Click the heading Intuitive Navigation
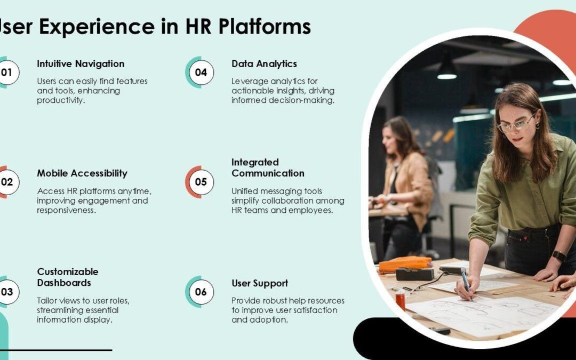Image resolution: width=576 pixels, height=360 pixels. coord(81,64)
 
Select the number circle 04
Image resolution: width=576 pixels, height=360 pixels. coord(201,72)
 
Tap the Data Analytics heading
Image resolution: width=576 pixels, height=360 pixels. coord(264,64)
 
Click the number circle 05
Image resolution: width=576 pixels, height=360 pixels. coord(201,182)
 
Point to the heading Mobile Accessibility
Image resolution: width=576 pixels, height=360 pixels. coord(82,173)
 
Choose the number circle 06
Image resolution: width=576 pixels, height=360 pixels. coord(201,292)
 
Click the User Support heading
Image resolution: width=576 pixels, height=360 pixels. coord(260,283)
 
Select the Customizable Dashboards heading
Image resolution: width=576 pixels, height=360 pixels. coord(68,277)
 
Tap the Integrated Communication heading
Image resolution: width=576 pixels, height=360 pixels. coord(268,167)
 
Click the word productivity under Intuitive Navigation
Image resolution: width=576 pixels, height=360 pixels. coord(61,100)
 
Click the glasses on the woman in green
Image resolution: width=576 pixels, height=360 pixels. coord(515,125)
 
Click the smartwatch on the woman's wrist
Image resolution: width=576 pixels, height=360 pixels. coord(559,256)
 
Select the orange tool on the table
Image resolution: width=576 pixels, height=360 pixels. coord(405,263)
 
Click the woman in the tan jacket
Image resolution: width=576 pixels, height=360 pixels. coord(405,181)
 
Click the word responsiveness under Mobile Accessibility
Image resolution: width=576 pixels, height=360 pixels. coord(66,210)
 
